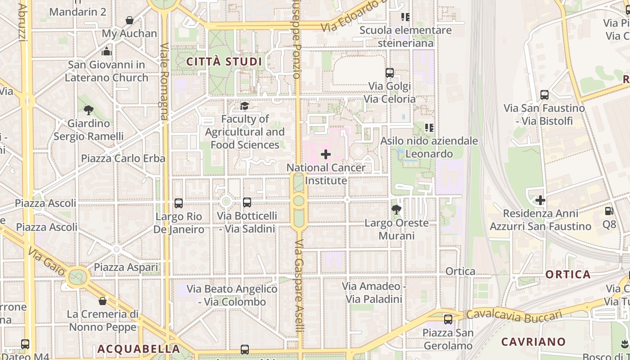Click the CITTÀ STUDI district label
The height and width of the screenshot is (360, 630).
224,62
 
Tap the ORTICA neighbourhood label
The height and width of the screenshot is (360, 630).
568,274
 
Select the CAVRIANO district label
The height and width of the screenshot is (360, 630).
533,342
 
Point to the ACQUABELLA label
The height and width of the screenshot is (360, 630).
139,349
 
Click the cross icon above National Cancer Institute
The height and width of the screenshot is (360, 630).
325,154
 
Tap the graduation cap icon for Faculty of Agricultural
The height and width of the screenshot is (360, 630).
244,106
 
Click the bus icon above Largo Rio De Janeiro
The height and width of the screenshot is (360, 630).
179,203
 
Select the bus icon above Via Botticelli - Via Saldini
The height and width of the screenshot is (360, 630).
247,202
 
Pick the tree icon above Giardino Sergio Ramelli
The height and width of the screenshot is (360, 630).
89,109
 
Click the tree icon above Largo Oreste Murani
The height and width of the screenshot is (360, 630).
396,209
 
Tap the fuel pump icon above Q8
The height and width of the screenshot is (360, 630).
609,210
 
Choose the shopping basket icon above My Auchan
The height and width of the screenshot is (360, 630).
130,20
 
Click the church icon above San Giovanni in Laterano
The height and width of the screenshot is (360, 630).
107,51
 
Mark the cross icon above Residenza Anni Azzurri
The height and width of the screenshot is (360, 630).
540,200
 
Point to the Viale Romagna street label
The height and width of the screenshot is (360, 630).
164,81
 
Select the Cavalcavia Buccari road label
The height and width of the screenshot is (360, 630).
514,315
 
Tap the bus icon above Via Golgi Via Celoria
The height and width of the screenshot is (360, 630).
390,72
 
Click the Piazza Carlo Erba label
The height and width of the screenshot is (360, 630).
123,158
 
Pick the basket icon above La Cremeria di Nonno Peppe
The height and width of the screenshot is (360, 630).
103,301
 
